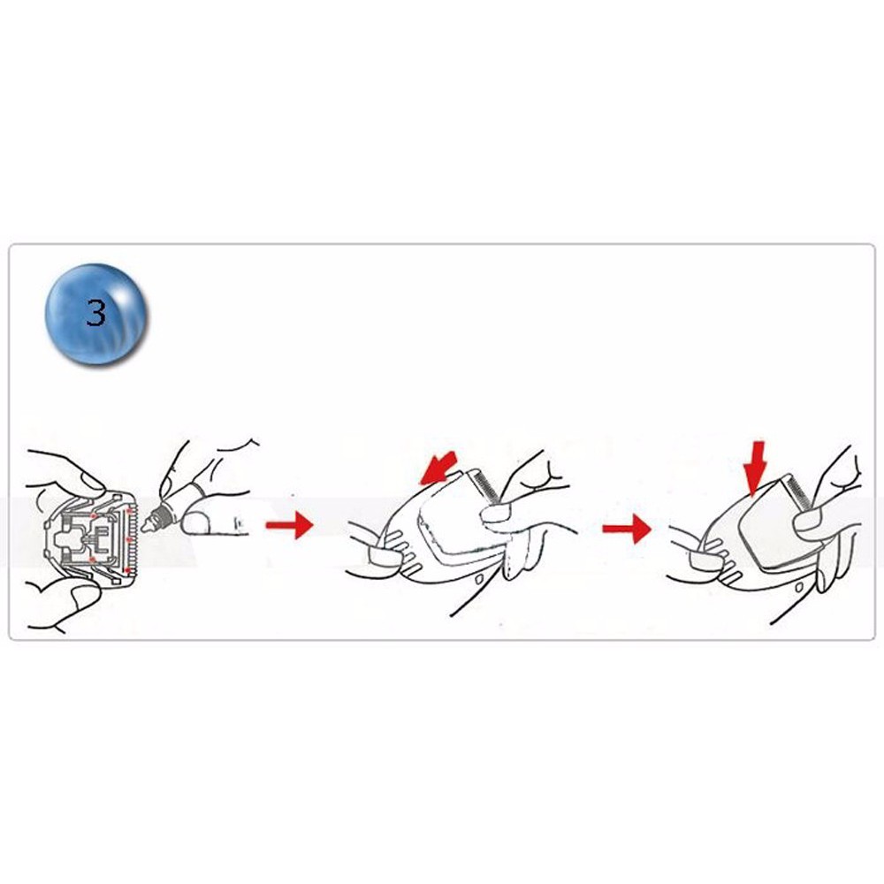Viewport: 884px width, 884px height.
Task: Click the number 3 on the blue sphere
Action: (x=96, y=312)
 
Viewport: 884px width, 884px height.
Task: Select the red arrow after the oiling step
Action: (x=289, y=525)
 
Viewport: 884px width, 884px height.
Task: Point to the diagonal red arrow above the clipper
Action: (x=439, y=468)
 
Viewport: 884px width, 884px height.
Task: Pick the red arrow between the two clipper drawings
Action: (x=627, y=529)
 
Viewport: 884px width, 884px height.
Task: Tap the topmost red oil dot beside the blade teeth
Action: (x=129, y=511)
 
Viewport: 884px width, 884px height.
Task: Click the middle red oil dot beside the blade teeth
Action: (x=129, y=539)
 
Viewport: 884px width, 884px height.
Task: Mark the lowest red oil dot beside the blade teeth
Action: (x=127, y=569)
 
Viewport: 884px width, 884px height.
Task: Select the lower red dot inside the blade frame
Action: (x=93, y=560)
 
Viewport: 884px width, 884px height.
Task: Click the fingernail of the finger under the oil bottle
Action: (x=195, y=523)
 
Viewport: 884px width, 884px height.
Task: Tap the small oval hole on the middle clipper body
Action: (x=479, y=579)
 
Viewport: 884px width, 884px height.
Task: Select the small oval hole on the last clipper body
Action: (x=799, y=588)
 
